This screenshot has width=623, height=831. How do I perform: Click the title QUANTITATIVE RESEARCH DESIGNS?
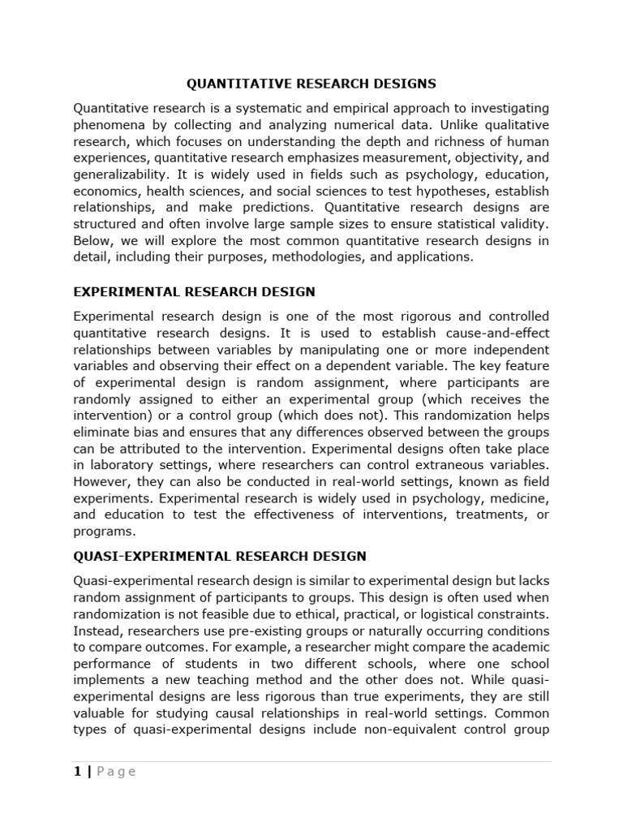(x=311, y=84)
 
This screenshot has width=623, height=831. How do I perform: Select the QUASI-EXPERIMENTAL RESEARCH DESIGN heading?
(x=220, y=556)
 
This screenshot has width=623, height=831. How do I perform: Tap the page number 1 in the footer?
(x=77, y=772)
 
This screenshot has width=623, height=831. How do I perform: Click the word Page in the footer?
(x=116, y=772)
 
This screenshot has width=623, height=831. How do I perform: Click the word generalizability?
(x=120, y=174)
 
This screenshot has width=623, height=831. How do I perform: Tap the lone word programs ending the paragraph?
(x=101, y=532)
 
